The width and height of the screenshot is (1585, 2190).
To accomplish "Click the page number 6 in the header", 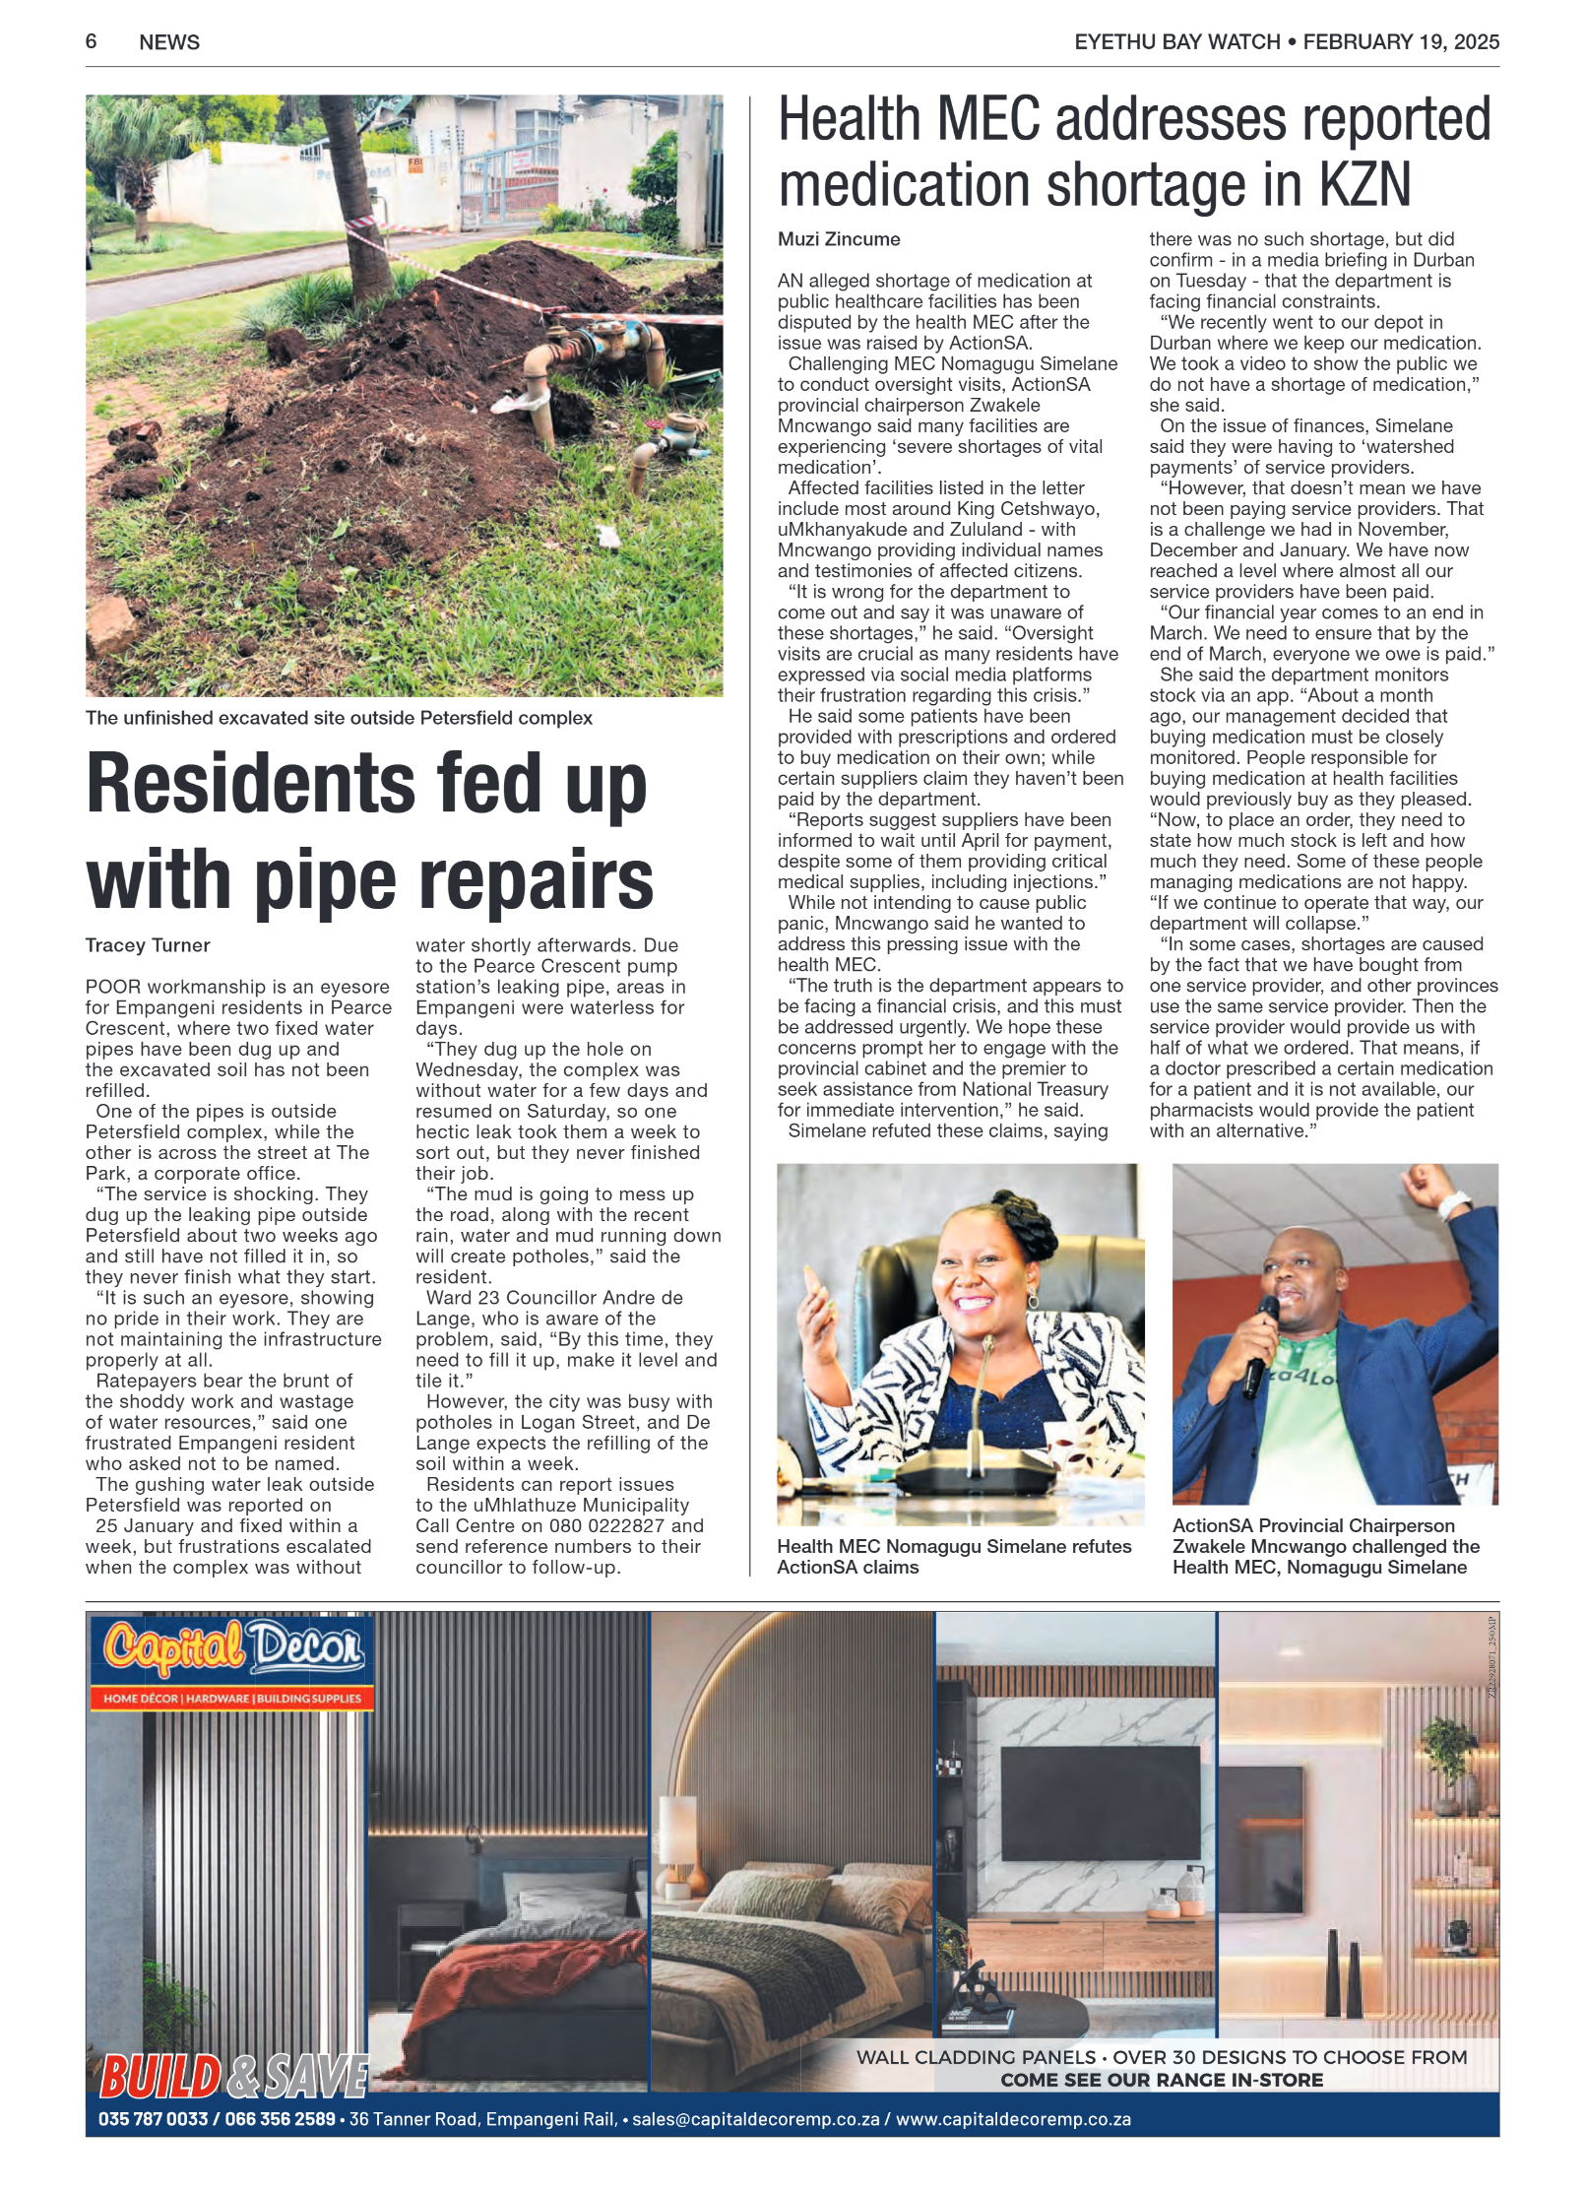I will [91, 41].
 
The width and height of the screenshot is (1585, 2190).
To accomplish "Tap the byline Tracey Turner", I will [148, 945].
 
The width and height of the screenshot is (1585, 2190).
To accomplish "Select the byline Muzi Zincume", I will [839, 239].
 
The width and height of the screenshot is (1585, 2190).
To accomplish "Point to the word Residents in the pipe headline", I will [251, 784].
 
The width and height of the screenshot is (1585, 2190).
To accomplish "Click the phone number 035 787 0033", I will [153, 2119].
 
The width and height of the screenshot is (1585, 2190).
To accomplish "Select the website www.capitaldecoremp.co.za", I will [1013, 2119].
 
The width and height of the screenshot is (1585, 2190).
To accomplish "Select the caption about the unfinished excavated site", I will [339, 718].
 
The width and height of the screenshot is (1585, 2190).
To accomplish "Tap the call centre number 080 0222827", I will [606, 1526].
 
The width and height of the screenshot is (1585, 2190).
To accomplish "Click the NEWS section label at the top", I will [169, 42].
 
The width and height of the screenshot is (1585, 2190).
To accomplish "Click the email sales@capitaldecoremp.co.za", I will [755, 2119].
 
